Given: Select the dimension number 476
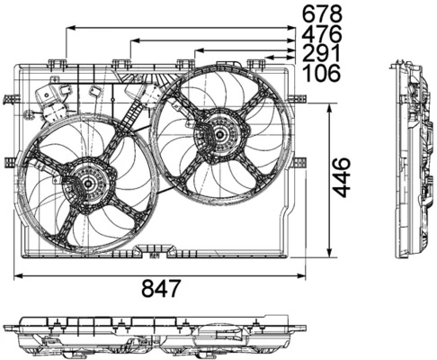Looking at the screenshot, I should point(323,33).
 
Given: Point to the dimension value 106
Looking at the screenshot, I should point(323,74).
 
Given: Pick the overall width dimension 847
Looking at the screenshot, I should point(163,289).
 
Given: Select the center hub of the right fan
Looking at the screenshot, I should point(218,134).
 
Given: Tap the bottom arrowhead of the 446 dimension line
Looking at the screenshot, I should point(332,253).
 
